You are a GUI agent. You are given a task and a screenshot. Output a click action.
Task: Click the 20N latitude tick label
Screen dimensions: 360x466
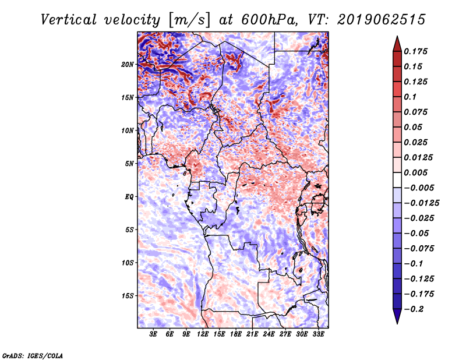point(128,64)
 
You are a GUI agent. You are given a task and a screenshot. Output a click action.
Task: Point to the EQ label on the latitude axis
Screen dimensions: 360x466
point(129,197)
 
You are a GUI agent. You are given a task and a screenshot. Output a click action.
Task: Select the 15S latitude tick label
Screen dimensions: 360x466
point(128,296)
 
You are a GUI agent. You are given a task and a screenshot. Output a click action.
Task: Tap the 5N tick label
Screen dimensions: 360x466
point(129,164)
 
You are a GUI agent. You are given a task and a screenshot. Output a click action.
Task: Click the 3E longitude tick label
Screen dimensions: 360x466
point(154,335)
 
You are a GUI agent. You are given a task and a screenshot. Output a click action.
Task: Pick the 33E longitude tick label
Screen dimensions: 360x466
point(318,335)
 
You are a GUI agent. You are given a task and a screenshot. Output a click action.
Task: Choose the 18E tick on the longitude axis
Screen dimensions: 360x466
point(236,335)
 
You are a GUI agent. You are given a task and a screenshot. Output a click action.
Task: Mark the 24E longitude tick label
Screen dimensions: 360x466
point(269,335)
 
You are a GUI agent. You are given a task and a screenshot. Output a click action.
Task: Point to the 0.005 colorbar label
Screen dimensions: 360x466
point(417,172)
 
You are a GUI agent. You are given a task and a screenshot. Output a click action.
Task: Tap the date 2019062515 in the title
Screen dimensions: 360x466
point(376,20)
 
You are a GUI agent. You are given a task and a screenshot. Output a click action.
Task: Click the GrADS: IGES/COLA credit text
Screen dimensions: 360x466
point(33,355)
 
